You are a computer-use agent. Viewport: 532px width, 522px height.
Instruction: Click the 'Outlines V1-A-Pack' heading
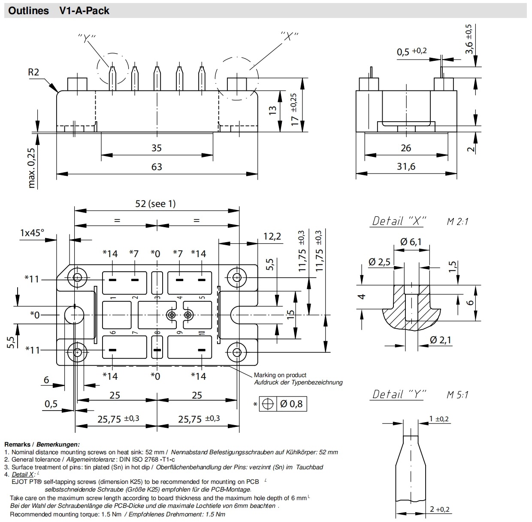pos(59,11)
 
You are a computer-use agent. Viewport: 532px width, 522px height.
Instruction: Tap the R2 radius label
pos(33,72)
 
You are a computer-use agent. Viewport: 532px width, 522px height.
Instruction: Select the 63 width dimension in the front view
pos(157,167)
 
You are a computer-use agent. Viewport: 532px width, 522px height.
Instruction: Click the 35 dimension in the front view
pos(157,148)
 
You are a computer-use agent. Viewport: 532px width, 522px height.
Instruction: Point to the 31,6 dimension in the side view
pos(405,166)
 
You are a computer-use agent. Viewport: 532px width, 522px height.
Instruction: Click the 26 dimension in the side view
pos(405,148)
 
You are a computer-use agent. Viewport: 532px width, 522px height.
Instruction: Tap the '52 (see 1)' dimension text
pos(155,204)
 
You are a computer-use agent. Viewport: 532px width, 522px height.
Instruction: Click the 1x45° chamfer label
pos(32,233)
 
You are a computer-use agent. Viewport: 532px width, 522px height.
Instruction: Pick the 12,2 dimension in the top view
pos(272,236)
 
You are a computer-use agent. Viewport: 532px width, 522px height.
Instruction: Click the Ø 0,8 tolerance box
pos(284,404)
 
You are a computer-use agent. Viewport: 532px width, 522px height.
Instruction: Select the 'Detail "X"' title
pos(398,221)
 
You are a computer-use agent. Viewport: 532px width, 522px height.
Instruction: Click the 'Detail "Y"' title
pos(398,394)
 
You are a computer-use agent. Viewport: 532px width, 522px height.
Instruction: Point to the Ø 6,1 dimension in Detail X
pos(411,242)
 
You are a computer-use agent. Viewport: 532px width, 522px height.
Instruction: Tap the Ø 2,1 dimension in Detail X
pos(441,340)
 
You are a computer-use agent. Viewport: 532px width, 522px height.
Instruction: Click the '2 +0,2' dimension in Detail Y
pos(439,509)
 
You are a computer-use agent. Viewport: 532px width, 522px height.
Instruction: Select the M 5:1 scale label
pos(457,395)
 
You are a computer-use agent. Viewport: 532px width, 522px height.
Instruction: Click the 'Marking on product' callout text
pos(280,375)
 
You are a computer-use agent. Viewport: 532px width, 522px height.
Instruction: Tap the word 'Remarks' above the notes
pos(17,444)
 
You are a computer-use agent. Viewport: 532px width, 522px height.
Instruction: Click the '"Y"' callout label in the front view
pos(87,38)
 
